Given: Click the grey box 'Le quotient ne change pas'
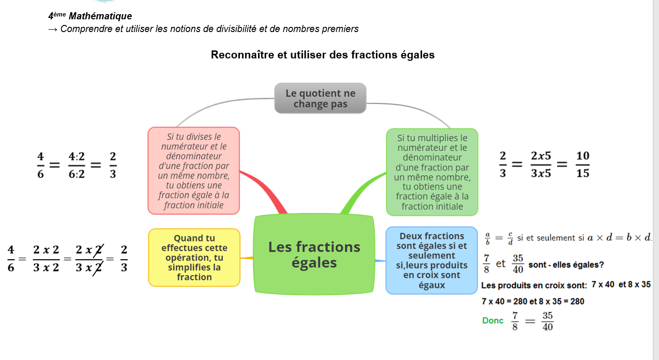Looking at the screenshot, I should [320, 98].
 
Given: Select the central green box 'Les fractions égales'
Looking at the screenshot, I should [314, 254].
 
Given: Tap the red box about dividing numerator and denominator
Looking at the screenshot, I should [194, 171].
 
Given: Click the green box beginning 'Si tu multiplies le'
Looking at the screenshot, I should [432, 172].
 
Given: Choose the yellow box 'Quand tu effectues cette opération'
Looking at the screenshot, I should [194, 257].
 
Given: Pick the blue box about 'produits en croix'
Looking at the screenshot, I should [431, 260].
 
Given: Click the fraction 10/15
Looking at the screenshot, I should [583, 164].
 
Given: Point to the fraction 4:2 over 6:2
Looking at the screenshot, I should [76, 164].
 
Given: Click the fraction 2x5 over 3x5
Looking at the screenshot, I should [541, 164].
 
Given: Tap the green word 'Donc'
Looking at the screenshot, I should [493, 320].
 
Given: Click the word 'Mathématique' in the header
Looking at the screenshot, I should [100, 16].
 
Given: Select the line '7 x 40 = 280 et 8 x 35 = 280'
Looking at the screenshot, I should [533, 301].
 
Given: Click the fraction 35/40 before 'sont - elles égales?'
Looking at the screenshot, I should [518, 264].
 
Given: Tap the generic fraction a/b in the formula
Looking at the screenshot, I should [488, 238].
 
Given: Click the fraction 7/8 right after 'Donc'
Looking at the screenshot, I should [515, 321].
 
